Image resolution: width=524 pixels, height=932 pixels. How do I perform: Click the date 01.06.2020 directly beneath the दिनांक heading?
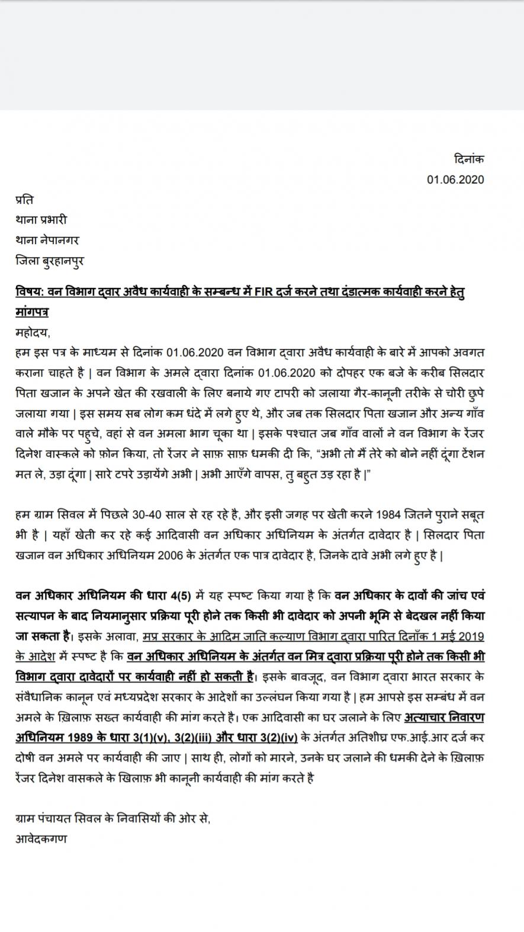pyautogui.click(x=455, y=180)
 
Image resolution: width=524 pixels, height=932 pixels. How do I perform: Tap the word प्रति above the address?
pyautogui.click(x=24, y=200)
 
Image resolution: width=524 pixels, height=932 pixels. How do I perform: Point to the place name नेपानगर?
pyautogui.click(x=59, y=240)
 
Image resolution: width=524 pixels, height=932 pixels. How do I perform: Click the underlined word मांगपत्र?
pyautogui.click(x=32, y=312)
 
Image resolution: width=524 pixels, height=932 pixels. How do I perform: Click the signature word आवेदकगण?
pyautogui.click(x=41, y=838)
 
